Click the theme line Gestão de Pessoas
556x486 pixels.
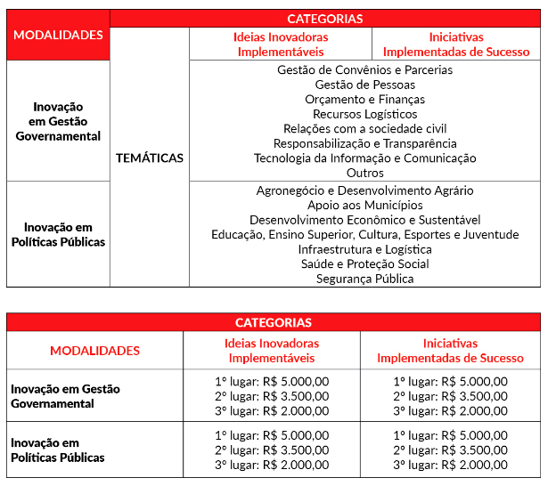(364, 85)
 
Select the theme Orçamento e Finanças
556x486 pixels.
(364, 100)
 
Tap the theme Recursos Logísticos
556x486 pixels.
(364, 114)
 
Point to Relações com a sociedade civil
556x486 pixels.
(364, 129)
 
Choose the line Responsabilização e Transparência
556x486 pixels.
(364, 143)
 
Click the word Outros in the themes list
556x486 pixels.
(364, 173)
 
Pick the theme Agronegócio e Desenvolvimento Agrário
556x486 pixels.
(364, 190)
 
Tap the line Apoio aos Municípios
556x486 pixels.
(364, 206)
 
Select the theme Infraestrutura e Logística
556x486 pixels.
(364, 249)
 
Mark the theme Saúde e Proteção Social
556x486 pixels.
(364, 264)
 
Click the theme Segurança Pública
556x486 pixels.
(364, 279)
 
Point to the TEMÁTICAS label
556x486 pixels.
(150, 158)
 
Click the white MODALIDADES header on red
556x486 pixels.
(59, 36)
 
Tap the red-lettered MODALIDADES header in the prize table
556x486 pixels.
(94, 351)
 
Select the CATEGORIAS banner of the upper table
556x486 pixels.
(324, 18)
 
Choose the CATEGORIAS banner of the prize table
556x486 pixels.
(273, 322)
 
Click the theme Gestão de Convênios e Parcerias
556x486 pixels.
(364, 70)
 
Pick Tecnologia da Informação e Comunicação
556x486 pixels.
(364, 158)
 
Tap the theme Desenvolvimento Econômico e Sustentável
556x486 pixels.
(364, 220)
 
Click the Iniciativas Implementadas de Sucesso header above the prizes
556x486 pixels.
(450, 351)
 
